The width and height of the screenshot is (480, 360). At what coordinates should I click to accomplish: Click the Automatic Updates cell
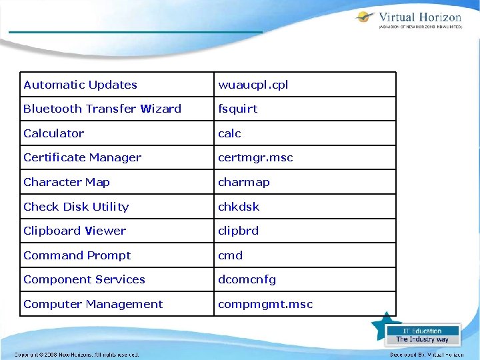[x=80, y=85]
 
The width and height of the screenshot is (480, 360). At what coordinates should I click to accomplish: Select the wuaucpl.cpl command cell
[x=253, y=85]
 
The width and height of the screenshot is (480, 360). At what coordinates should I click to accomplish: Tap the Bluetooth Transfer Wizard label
[x=102, y=109]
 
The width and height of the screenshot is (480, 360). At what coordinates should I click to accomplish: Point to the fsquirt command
[x=238, y=109]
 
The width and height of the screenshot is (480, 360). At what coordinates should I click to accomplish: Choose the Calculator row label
[x=54, y=133]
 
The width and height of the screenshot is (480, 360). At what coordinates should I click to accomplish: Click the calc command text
[x=230, y=133]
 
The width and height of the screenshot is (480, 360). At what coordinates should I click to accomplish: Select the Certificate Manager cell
[x=82, y=157]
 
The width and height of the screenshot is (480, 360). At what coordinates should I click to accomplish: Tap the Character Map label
[x=67, y=182]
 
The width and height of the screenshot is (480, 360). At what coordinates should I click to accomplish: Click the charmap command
[x=244, y=182]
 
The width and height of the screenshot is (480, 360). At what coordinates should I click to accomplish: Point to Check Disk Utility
[x=76, y=207]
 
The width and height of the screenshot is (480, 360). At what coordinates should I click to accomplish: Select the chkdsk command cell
[x=239, y=207]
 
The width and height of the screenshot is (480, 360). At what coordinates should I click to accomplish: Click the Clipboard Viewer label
[x=75, y=231]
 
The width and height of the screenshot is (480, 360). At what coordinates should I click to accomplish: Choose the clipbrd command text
[x=239, y=231]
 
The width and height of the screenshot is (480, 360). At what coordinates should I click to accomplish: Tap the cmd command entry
[x=231, y=255]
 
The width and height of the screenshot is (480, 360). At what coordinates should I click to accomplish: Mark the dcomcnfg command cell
[x=247, y=279]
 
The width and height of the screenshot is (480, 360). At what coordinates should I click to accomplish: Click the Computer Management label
[x=93, y=304]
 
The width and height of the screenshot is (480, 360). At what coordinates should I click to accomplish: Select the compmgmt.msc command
[x=265, y=304]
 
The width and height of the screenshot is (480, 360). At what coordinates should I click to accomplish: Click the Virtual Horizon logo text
[x=419, y=18]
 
